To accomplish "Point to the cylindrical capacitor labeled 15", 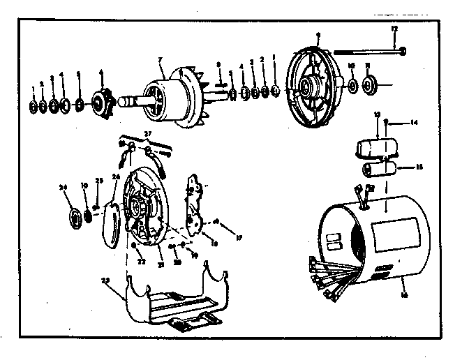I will click(381, 170).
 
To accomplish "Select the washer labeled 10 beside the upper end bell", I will click(351, 87).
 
